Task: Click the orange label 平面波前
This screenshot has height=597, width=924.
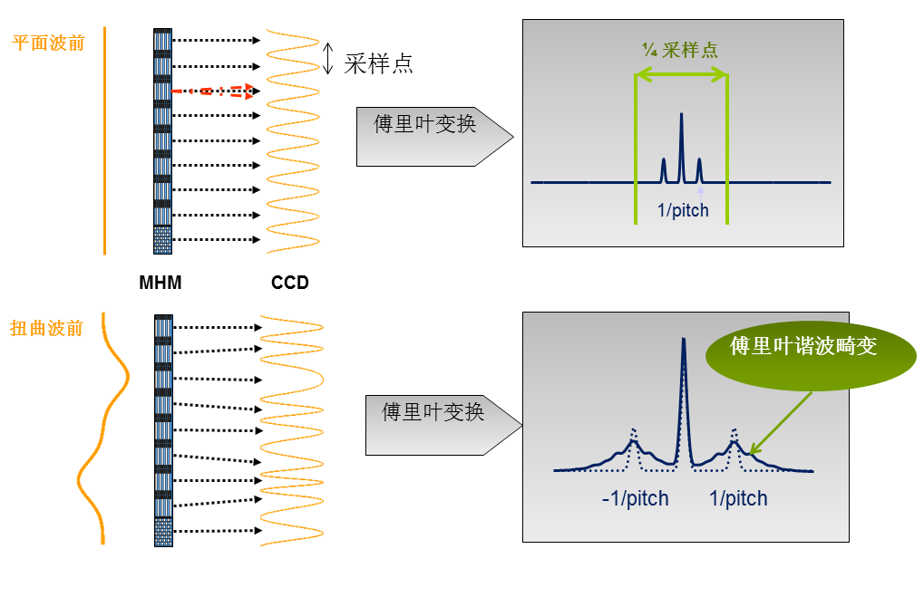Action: [48, 43]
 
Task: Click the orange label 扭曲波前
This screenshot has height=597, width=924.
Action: [46, 328]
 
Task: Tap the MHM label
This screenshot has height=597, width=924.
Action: [160, 283]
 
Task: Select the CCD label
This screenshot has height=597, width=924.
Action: [290, 283]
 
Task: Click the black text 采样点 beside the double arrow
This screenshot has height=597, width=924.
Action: [378, 63]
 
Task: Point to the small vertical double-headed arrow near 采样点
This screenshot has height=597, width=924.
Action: [328, 57]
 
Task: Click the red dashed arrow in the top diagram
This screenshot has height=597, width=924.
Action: [213, 91]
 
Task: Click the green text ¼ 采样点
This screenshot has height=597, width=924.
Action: [680, 51]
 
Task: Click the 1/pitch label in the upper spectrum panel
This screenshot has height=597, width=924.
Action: [683, 211]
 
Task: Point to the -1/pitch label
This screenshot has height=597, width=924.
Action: [635, 498]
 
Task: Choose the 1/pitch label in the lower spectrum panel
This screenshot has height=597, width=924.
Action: [738, 498]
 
